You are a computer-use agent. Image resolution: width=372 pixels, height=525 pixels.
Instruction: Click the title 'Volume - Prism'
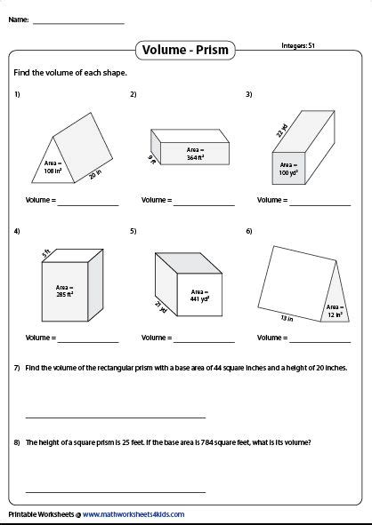coord(185,51)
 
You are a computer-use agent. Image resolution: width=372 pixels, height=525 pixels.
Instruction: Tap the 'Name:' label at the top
coord(19,19)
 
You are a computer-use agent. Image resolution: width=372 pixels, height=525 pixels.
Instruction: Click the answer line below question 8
coord(116,490)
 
